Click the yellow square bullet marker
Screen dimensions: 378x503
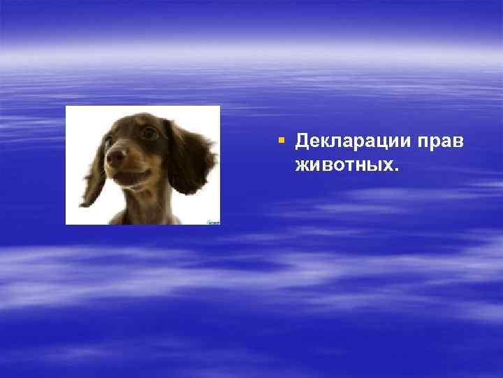[281, 141]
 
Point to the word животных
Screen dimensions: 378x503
[344, 167]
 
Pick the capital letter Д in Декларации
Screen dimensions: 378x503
[302, 142]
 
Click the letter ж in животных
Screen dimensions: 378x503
[302, 167]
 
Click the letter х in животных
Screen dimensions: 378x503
[389, 167]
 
